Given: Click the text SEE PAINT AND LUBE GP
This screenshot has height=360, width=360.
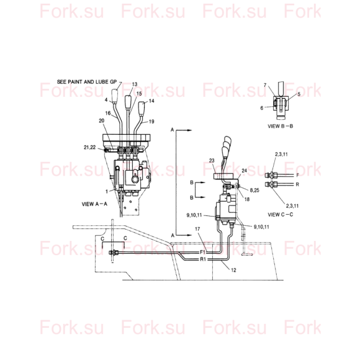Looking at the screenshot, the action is coord(87,82).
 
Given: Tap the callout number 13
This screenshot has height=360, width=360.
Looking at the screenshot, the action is coord(135,84).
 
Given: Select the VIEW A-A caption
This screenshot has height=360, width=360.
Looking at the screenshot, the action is coord(94,204).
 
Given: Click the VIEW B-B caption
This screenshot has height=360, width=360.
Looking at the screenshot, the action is coord(281,126).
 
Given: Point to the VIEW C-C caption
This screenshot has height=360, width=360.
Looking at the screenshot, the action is coord(281,215).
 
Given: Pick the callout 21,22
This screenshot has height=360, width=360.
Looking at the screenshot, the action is coord(89,147).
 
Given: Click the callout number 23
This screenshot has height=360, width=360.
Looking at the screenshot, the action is coord(212,161).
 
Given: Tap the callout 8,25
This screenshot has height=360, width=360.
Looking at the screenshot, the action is coord(254,190).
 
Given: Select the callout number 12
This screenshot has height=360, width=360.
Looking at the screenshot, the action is coord(233,270).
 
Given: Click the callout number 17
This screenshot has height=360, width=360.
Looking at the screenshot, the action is coord(197,229).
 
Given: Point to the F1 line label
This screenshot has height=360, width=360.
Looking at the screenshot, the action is coord(203,252).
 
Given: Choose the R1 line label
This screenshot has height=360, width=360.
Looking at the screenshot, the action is coord(203,259).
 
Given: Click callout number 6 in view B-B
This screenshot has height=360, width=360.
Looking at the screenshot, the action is coord(262,108).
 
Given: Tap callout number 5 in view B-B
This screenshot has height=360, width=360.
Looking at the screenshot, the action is coord(299,94).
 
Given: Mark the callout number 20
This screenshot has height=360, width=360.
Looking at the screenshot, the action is coord(101,121).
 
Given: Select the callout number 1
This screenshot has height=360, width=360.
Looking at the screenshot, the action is coord(107,191).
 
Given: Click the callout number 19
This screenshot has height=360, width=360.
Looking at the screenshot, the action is coord(151,122).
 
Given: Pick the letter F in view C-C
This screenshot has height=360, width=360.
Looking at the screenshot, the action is coord(297,176).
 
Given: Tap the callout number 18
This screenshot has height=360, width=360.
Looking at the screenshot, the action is coord(247,199).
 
